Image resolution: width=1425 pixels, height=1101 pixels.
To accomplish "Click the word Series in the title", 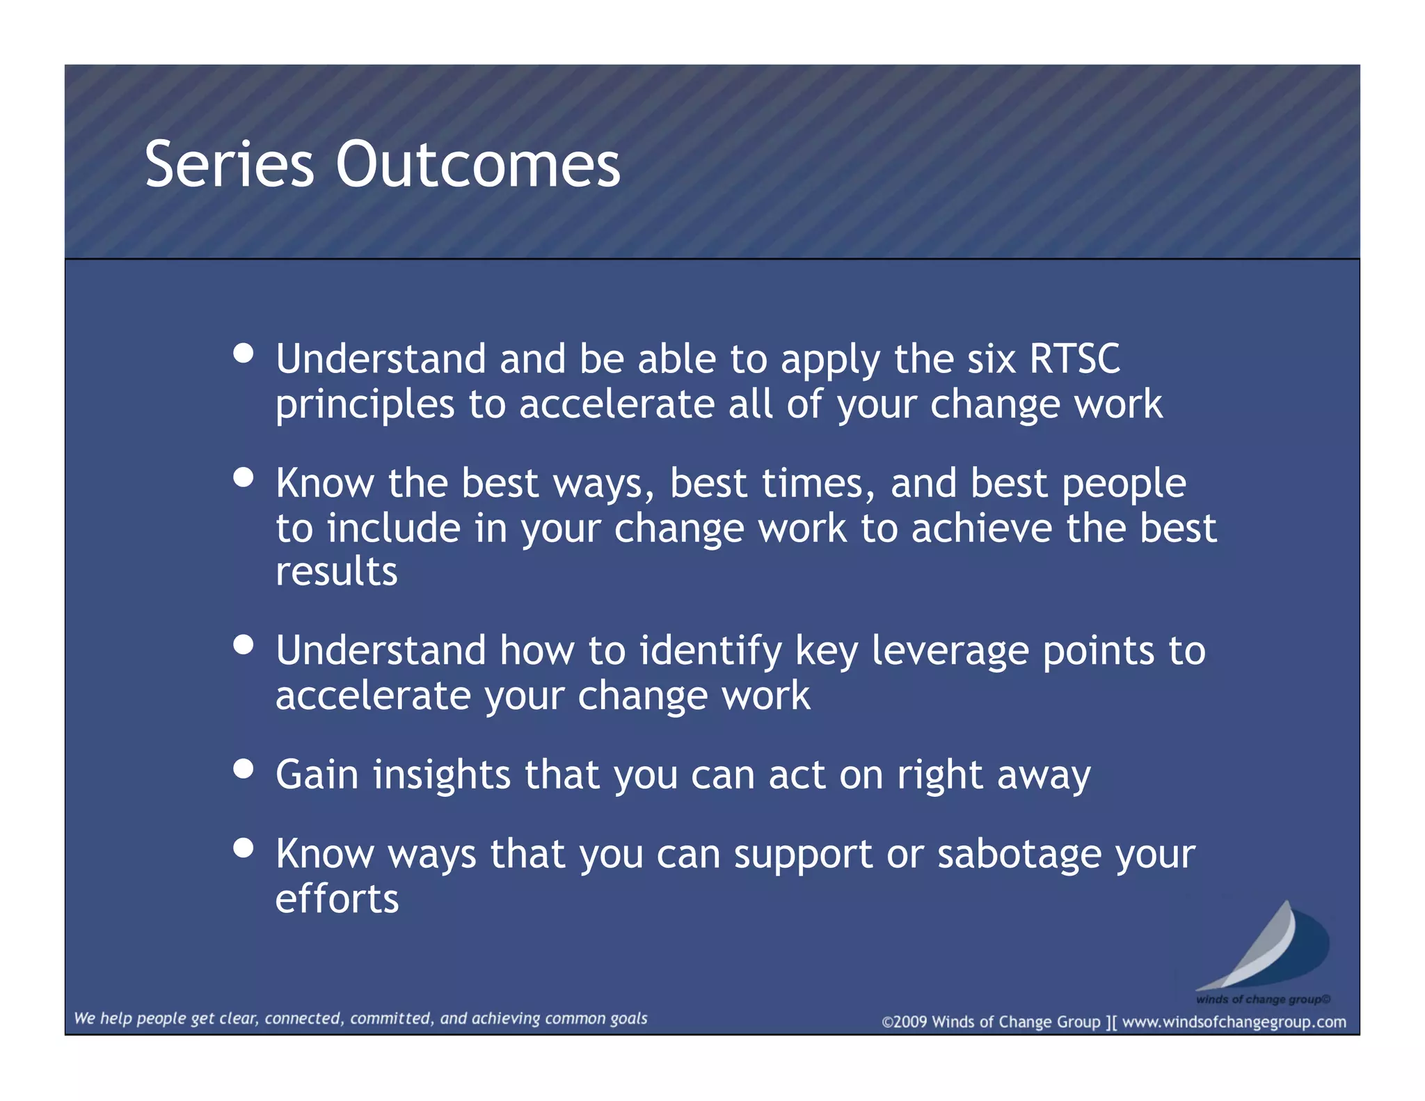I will coord(229,165).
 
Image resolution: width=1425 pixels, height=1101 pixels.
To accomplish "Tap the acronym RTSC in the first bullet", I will coord(1074,359).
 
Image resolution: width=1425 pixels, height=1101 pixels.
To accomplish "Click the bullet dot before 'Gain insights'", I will coord(244,769).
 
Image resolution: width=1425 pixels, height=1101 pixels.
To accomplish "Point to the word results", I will coord(336,572).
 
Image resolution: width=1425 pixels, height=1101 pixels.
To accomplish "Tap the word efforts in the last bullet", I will coord(337,898).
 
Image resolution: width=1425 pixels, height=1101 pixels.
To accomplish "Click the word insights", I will coord(442,775).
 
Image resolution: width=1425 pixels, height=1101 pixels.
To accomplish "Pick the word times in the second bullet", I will coord(818,484).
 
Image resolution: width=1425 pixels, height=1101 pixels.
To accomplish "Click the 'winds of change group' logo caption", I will coord(1262,999).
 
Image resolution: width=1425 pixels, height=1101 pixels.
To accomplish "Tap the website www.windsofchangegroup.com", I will coord(1234,1022).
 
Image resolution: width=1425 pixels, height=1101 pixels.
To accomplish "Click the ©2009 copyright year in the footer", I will coord(905,1022).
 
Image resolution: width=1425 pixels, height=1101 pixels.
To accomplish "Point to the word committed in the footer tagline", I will coord(391,1018).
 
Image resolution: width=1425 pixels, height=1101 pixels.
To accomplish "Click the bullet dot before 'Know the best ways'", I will coord(244,477).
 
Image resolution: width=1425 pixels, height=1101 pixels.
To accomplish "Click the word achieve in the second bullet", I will coord(982,529).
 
